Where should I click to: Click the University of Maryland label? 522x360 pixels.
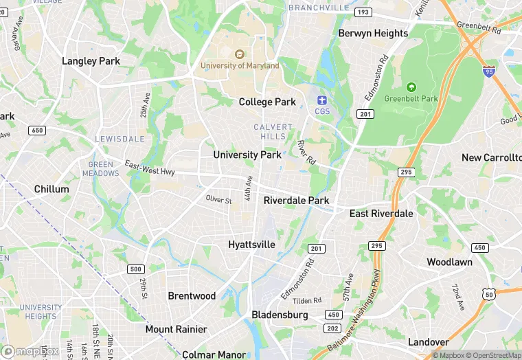click(x=240, y=65)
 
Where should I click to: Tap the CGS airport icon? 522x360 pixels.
click(x=322, y=100)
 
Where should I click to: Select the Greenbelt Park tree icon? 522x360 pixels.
click(x=411, y=87)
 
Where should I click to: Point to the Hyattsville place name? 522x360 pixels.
click(x=251, y=245)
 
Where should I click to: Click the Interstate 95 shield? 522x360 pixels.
click(x=488, y=71)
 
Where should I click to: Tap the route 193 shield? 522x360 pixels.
click(x=363, y=12)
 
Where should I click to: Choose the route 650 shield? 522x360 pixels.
click(x=36, y=130)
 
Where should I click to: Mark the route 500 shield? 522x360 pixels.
click(x=136, y=269)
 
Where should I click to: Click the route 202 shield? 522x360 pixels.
click(x=333, y=328)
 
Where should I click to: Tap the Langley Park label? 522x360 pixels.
click(x=91, y=61)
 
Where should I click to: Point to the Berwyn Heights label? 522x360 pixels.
click(x=373, y=33)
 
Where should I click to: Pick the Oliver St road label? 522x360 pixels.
click(x=218, y=200)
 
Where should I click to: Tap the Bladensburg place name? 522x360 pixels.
click(x=280, y=315)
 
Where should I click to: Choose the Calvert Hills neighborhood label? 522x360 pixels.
click(x=273, y=132)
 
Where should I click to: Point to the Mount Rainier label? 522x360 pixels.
click(x=176, y=329)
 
